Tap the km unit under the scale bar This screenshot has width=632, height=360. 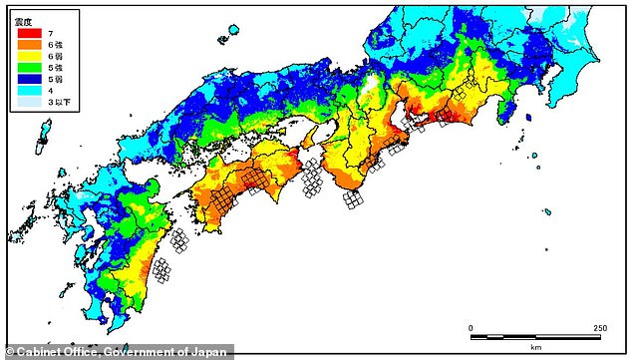click(535, 346)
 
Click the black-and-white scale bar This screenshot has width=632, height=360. click(535, 336)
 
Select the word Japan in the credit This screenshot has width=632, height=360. click(210, 350)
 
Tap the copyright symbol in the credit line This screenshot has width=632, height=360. click(9, 350)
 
